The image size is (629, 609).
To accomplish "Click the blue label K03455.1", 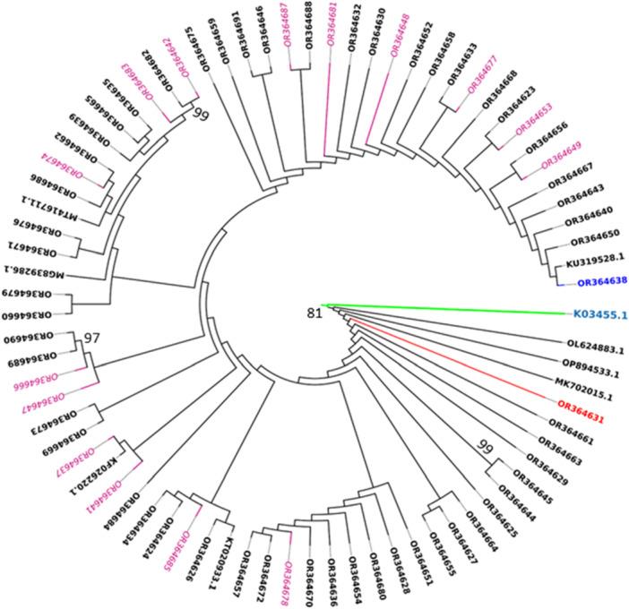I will [x=599, y=315].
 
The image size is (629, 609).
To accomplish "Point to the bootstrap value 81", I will [x=313, y=313].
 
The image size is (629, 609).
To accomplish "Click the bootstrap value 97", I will [x=90, y=338].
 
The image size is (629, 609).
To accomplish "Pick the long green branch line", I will [x=448, y=310].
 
